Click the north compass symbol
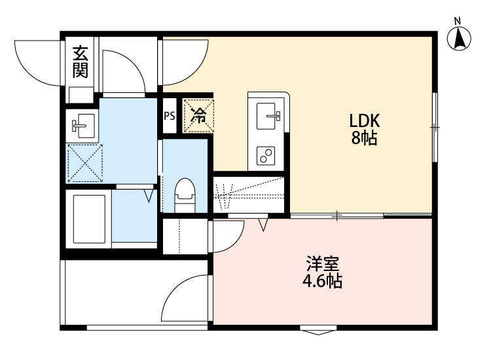point(461,38)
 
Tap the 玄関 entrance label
point(81,61)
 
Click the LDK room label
point(364,121)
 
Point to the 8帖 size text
point(364,139)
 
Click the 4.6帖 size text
point(322,282)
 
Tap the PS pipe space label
point(169,117)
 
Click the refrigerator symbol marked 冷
point(198,116)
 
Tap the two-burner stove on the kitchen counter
point(267,155)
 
